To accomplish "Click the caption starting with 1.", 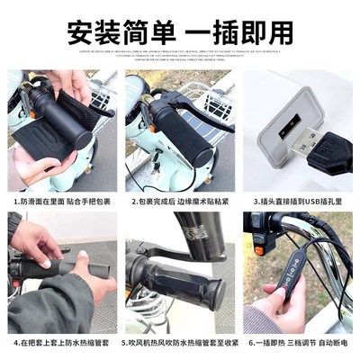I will coord(59,202).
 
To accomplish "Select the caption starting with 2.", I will coord(179,202).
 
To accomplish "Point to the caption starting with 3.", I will coord(300,202).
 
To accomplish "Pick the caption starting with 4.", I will coord(59,343).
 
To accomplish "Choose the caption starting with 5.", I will coord(179,343).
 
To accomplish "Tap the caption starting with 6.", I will coord(300,343).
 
